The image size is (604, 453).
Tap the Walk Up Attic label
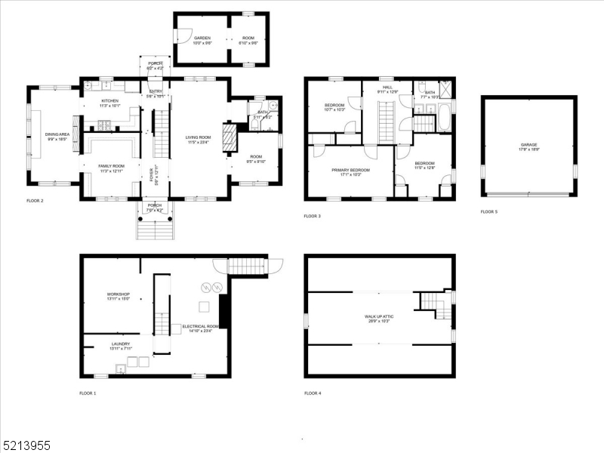point(379,317)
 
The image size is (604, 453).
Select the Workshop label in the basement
point(118,294)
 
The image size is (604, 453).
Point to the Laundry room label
point(110,344)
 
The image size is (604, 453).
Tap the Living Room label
point(199,137)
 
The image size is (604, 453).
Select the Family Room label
point(110,166)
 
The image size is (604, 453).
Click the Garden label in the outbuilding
point(202,38)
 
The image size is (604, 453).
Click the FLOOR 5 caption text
point(489,212)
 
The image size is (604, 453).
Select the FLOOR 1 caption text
point(88,393)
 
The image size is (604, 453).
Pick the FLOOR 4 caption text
point(313,393)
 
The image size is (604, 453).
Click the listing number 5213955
point(26,445)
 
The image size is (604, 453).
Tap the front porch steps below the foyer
point(156,228)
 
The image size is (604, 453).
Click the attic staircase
point(436,303)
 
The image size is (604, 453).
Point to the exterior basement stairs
point(248,267)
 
